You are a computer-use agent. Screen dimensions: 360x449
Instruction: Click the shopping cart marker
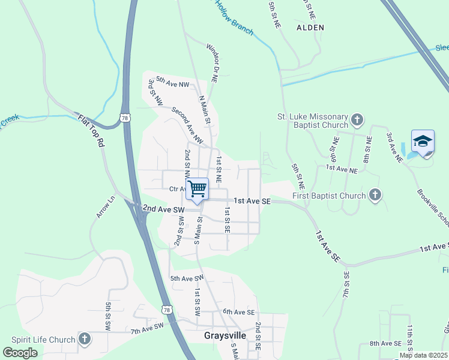pyautogui.click(x=197, y=189)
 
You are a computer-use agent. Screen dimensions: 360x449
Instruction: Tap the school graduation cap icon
pyautogui.click(x=423, y=142)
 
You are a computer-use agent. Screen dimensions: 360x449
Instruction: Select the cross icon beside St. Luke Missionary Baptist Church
pyautogui.click(x=357, y=119)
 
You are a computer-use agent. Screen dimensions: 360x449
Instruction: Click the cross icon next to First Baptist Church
pyautogui.click(x=375, y=194)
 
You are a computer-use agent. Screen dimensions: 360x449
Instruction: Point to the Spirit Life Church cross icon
pyautogui.click(x=84, y=339)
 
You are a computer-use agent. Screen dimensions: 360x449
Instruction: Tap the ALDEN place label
pyautogui.click(x=310, y=28)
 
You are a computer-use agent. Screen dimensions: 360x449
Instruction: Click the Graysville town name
pyautogui.click(x=225, y=335)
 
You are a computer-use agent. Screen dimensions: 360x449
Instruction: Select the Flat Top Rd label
pyautogui.click(x=91, y=132)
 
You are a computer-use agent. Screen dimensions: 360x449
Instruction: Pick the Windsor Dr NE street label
pyautogui.click(x=211, y=62)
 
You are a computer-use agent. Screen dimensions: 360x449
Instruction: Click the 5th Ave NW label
pyautogui.click(x=173, y=81)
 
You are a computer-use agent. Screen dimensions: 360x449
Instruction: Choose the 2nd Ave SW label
pyautogui.click(x=162, y=209)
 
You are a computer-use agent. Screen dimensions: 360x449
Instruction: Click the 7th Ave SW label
pyautogui.click(x=147, y=328)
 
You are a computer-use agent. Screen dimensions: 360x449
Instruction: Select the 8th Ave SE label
pyautogui.click(x=385, y=343)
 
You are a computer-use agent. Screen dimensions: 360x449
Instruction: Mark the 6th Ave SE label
pyautogui.click(x=239, y=312)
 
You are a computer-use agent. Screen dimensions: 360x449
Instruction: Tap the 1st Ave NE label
pyautogui.click(x=342, y=170)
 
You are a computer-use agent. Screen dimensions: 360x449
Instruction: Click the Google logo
pyautogui.click(x=20, y=353)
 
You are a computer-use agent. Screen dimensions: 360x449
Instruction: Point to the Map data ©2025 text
pyautogui.click(x=423, y=355)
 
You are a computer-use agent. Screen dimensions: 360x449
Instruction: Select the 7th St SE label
pyautogui.click(x=346, y=286)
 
